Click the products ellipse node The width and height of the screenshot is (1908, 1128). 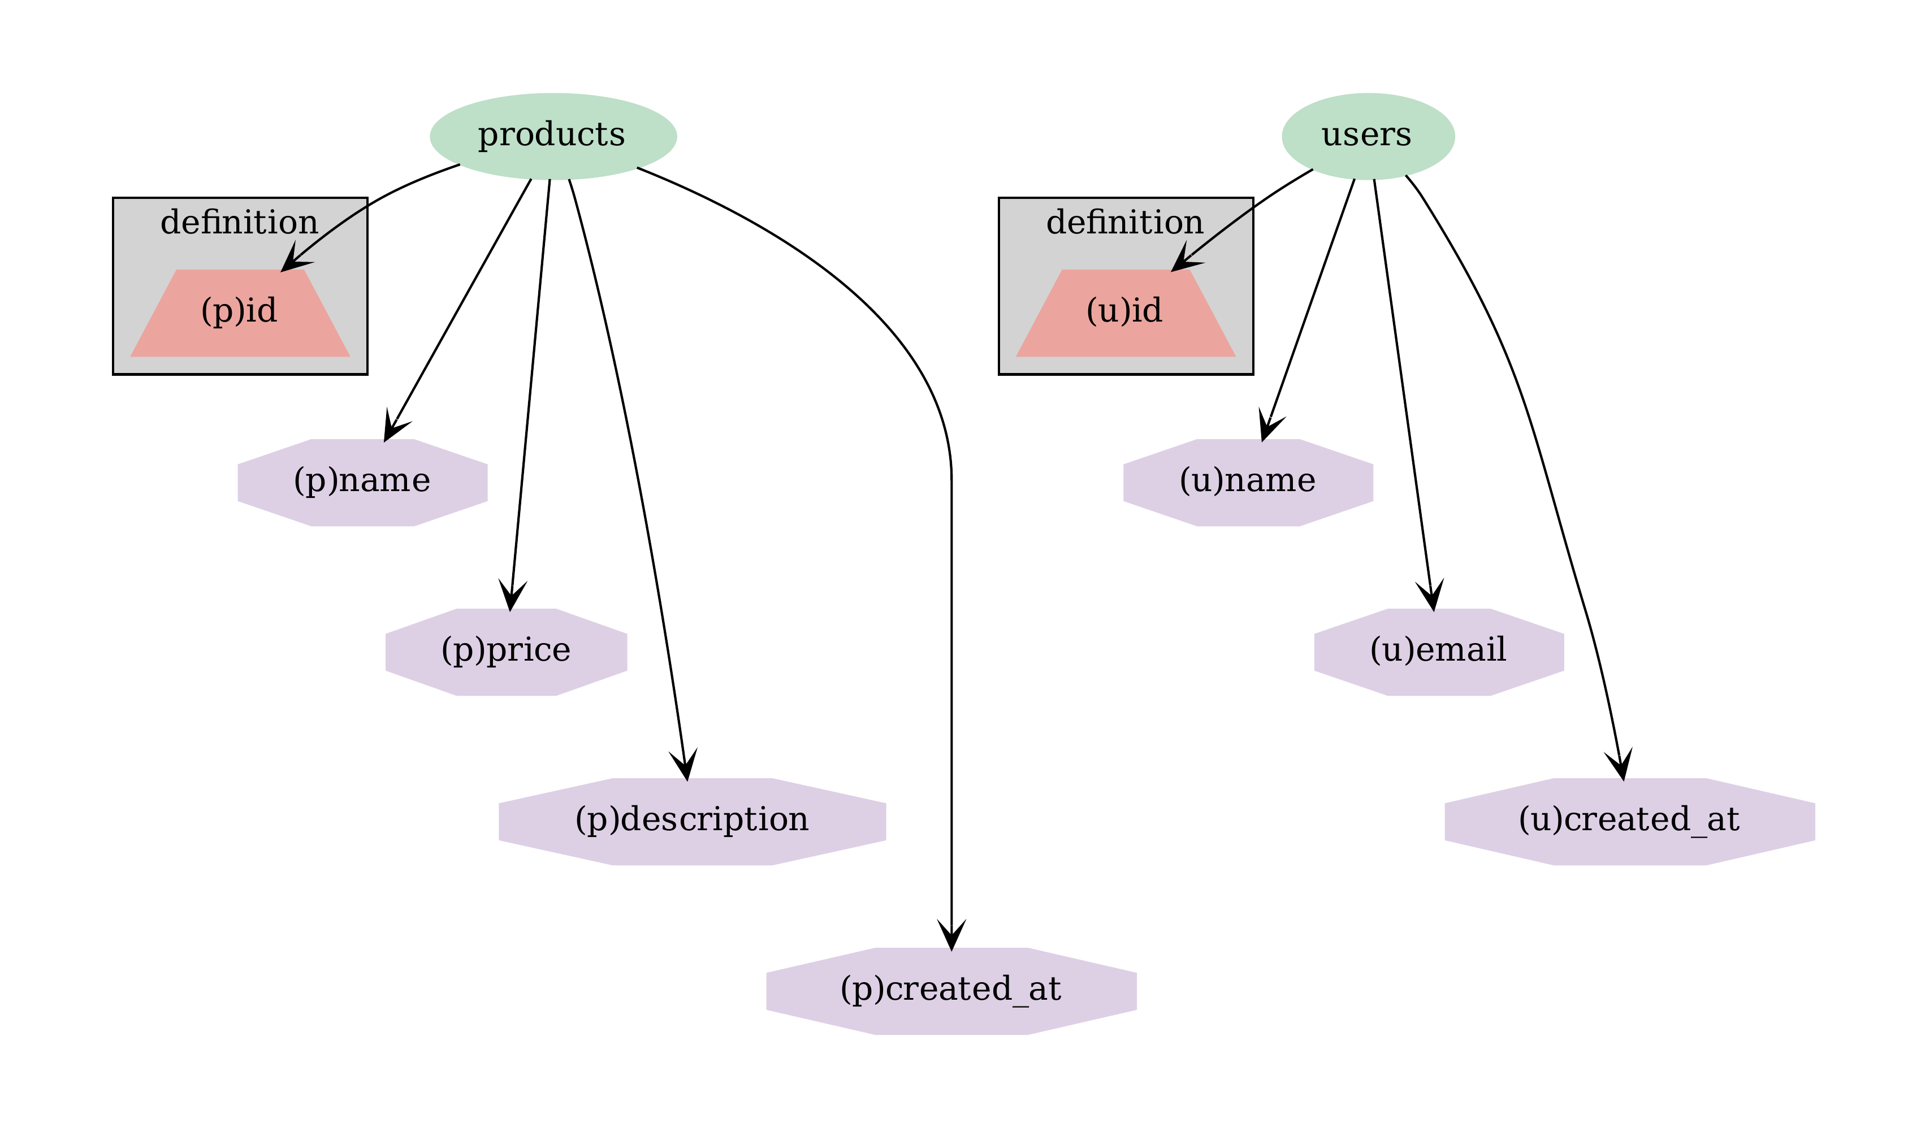coord(553,136)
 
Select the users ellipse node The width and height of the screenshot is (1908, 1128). coord(1368,136)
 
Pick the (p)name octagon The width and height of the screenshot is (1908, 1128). coord(362,483)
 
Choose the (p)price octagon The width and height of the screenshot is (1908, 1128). coord(507,652)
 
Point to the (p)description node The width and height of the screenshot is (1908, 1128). coord(692,822)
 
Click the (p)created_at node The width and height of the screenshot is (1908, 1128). coord(951,991)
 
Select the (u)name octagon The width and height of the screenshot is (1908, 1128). coord(1248,483)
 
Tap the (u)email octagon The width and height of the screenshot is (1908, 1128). coord(1438,652)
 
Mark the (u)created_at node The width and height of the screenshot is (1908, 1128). coord(1629,822)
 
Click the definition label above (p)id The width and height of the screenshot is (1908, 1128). coord(240,223)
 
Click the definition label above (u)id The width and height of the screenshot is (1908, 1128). coord(1125,223)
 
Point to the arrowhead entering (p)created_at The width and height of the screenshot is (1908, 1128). coord(951,936)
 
